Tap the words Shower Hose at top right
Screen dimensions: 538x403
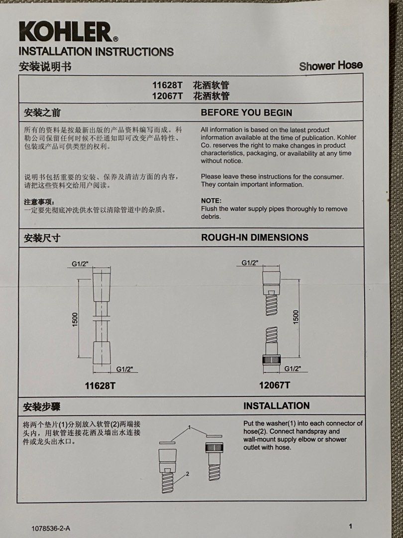point(330,65)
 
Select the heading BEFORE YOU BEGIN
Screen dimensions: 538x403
point(246,113)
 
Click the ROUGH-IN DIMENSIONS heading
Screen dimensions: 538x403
point(254,237)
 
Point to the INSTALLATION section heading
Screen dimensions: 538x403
point(276,405)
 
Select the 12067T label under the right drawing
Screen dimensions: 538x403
point(274,385)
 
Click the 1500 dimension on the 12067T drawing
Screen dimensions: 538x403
point(296,317)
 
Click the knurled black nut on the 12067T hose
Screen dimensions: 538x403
point(272,360)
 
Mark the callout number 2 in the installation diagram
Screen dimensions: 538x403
point(187,474)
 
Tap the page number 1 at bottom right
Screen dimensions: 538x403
point(350,526)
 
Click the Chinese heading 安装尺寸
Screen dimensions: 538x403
point(42,238)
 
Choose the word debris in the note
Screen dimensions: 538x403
point(211,217)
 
